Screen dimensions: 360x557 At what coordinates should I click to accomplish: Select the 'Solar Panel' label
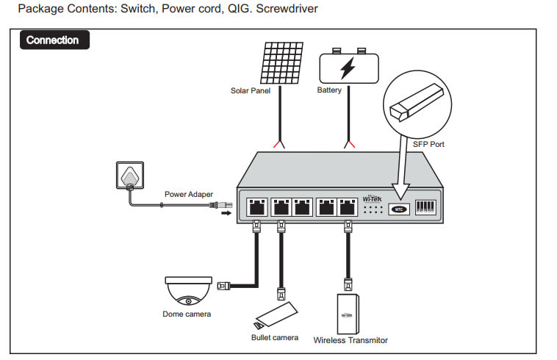point(251,91)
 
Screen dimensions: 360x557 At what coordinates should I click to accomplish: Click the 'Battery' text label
point(330,90)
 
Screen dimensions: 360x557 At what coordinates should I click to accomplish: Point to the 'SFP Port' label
point(428,144)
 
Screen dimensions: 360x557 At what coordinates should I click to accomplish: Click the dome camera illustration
point(189,291)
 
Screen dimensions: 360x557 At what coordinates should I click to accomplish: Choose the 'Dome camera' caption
point(187,314)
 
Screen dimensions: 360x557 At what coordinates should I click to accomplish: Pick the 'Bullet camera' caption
point(275,338)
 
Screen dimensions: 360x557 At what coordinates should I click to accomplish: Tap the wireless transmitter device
point(351,312)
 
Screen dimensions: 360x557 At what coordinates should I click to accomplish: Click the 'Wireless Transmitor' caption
point(351,340)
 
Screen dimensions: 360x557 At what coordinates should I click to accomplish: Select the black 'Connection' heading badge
point(53,40)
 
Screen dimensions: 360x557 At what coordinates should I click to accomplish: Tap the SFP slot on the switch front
point(398,209)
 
